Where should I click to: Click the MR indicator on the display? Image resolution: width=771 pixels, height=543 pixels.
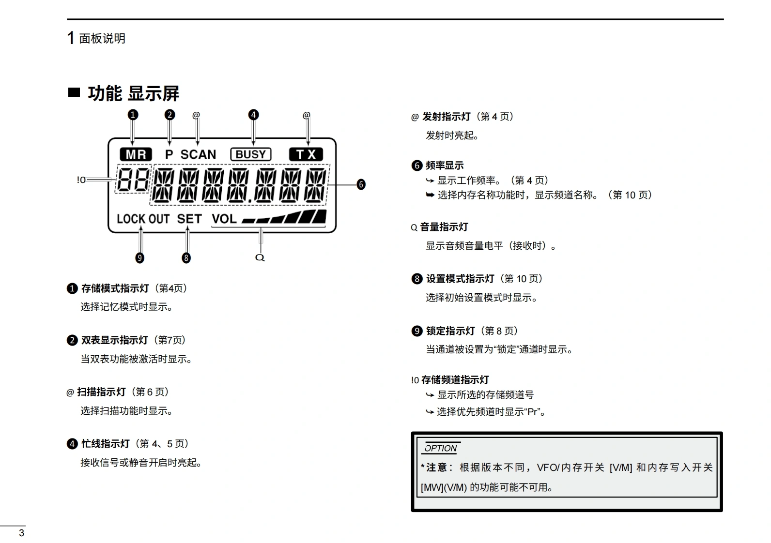(136, 154)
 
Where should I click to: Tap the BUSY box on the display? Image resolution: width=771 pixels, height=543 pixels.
(250, 154)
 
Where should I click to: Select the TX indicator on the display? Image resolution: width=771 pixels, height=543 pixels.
(306, 154)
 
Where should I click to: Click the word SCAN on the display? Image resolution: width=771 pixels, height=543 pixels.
(198, 154)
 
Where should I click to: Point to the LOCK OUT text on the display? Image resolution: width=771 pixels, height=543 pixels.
(143, 219)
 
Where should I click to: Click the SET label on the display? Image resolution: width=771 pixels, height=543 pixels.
(189, 219)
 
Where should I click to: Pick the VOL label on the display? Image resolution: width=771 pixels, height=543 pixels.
(224, 219)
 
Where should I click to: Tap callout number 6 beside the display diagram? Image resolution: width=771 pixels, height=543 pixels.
(361, 184)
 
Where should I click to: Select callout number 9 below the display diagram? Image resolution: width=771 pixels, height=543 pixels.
(140, 257)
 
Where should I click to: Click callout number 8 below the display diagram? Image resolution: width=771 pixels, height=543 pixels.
(186, 257)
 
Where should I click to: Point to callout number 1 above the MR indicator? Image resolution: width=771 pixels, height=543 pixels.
(133, 115)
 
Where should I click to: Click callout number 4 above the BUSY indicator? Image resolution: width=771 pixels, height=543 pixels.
(253, 115)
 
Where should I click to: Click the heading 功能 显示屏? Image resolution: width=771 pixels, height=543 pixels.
(133, 93)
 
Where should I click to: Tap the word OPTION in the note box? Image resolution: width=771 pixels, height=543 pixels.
(440, 449)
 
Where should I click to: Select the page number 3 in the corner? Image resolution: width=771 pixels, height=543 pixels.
(21, 533)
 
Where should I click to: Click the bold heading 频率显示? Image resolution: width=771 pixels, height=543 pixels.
(444, 166)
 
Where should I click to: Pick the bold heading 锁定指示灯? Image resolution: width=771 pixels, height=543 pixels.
(450, 331)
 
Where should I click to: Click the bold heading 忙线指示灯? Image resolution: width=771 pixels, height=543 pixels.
(105, 444)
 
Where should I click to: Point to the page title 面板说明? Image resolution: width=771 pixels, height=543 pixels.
(102, 38)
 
